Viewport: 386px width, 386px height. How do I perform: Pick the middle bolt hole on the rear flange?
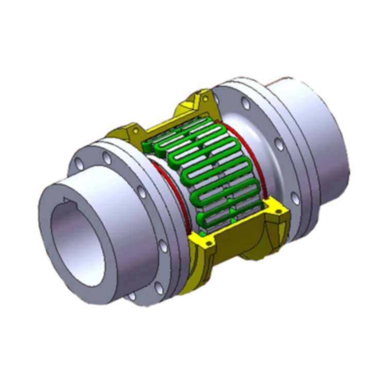pyautogui.click(x=278, y=145)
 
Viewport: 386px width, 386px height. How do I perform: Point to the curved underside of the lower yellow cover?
pyautogui.click(x=247, y=247)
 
